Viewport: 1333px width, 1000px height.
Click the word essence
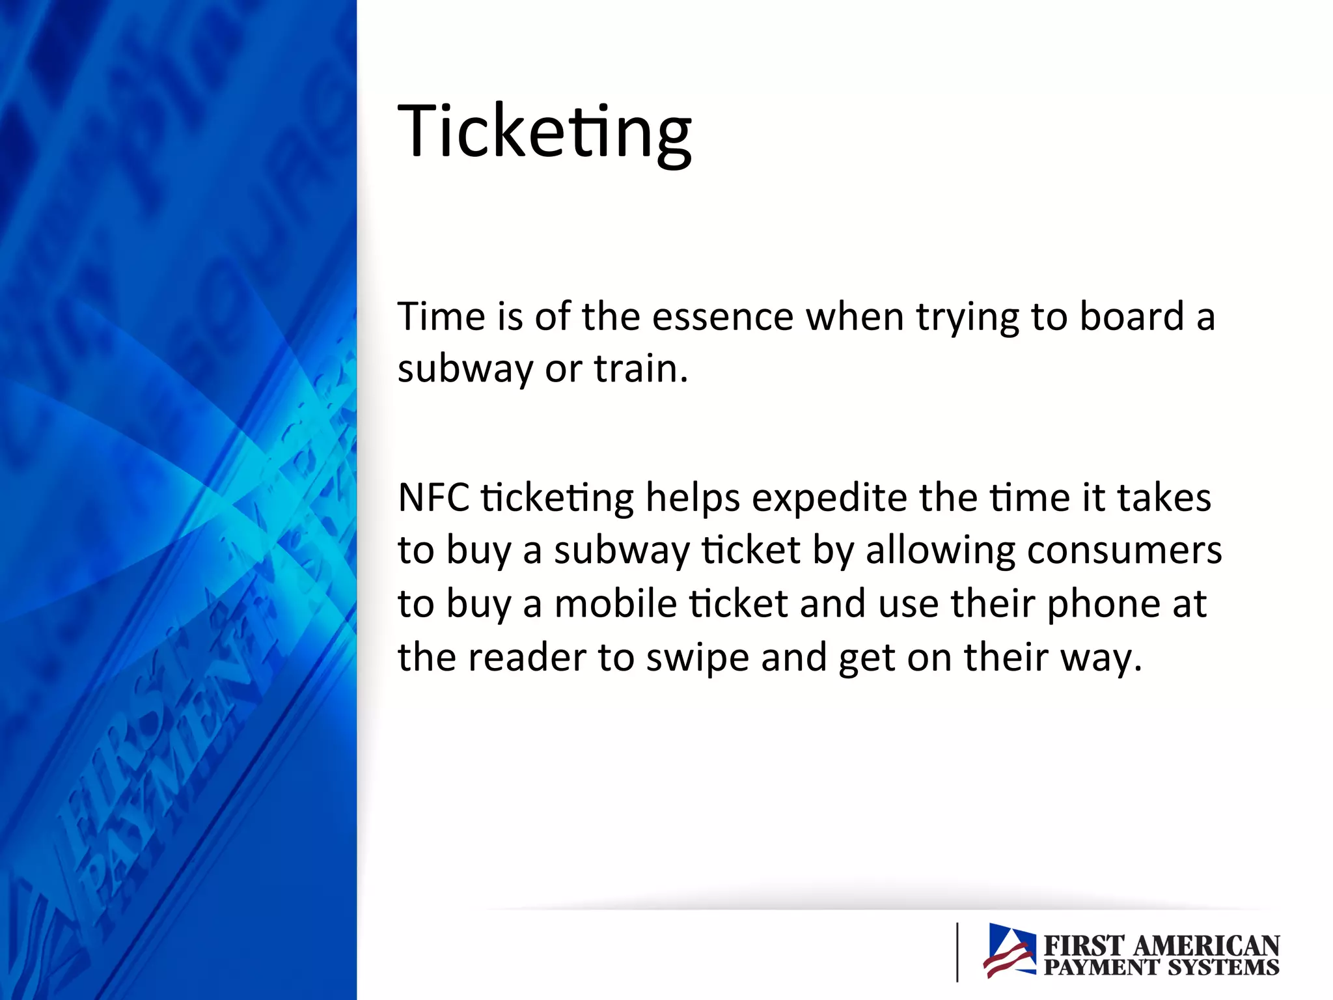point(722,317)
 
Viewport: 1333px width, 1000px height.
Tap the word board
point(1131,317)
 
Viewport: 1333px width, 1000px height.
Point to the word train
point(640,369)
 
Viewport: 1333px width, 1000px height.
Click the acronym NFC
point(433,498)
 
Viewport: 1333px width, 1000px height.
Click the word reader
point(527,658)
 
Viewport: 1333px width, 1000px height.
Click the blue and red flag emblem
point(1010,951)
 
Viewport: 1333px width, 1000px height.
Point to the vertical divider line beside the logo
point(957,951)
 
